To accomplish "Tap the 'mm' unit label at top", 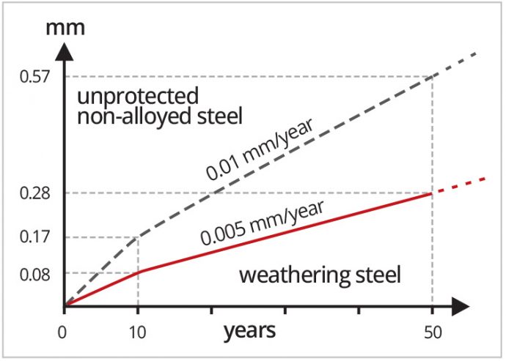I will pos(65,30).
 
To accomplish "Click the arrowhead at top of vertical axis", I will pos(65,51).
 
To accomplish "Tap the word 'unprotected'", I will pos(136,96).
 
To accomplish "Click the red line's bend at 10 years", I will pos(138,272).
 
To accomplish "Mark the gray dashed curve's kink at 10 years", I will pos(138,237).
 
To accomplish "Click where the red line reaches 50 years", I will pos(431,193).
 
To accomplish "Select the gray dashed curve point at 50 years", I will pos(431,76).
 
